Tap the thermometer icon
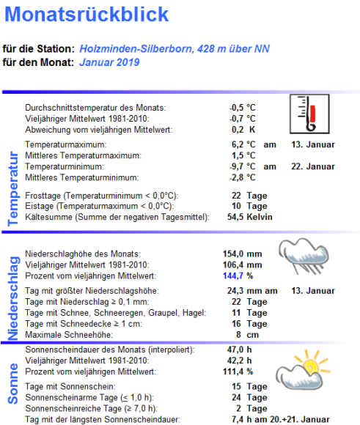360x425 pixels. (x=309, y=117)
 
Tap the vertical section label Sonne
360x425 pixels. (x=12, y=383)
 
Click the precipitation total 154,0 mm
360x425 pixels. (x=241, y=254)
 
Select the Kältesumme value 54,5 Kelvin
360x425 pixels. (x=249, y=217)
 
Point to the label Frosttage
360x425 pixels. (x=45, y=196)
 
